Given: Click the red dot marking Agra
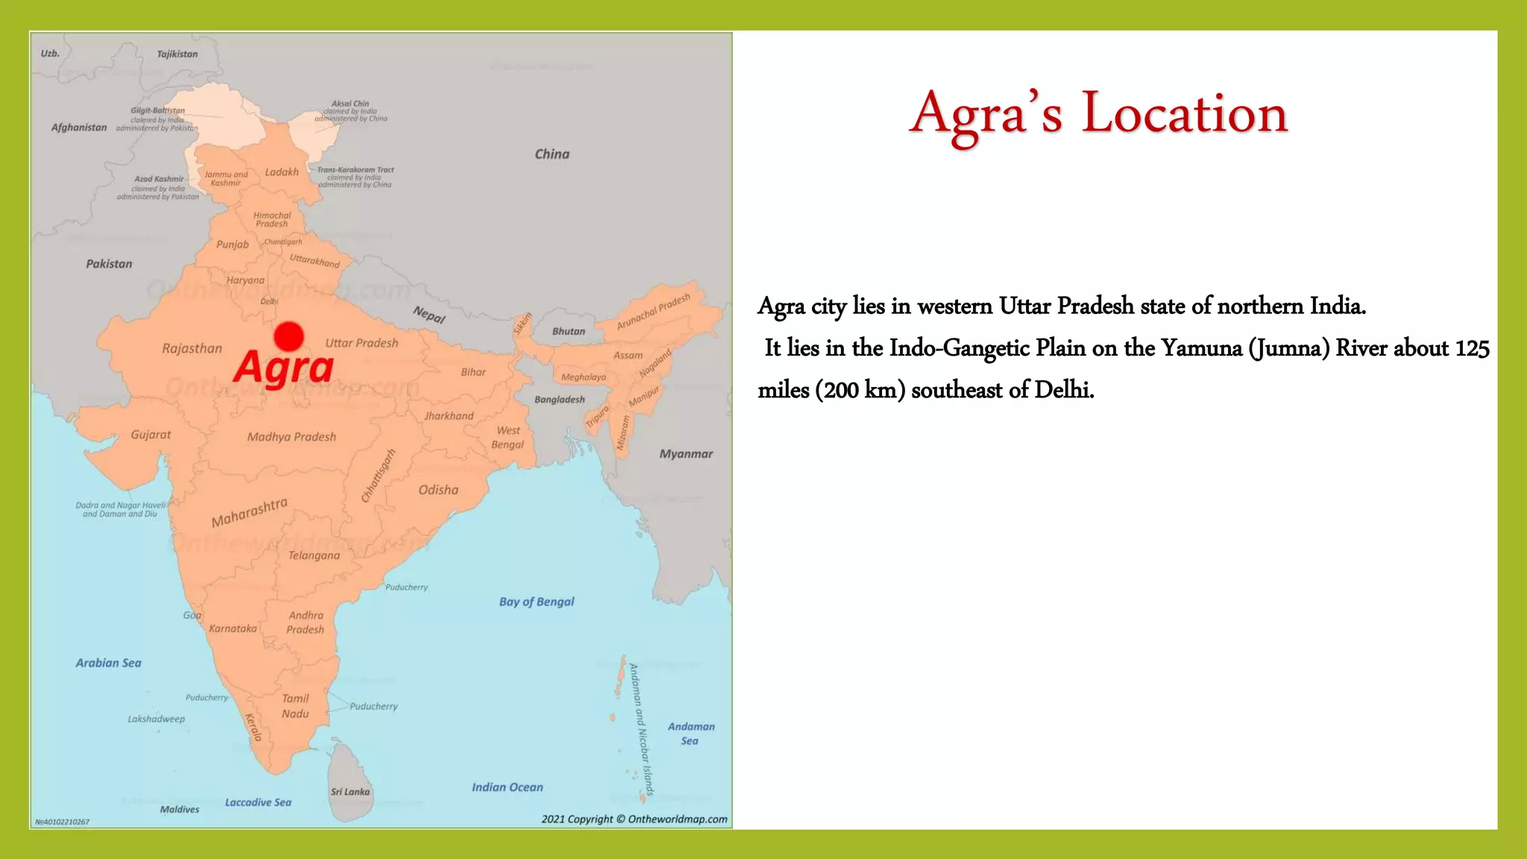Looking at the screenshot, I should (289, 336).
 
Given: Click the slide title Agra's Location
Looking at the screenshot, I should (1098, 113).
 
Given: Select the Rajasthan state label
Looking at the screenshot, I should (192, 348).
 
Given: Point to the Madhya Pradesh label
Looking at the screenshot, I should (292, 437).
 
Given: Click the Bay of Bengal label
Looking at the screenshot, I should (537, 602).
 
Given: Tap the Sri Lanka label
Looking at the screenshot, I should (350, 792).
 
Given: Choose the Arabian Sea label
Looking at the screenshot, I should (108, 663).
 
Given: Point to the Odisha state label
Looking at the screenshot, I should (438, 490).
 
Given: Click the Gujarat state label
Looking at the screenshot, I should (151, 435).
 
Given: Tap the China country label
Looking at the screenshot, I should (552, 154).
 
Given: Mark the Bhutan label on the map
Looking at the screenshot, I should (569, 331).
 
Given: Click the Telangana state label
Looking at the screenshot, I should (314, 556).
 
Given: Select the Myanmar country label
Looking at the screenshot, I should (686, 454).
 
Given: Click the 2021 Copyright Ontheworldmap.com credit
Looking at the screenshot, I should (634, 819).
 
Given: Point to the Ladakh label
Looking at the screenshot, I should (282, 172).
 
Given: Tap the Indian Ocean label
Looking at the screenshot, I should (507, 787).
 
